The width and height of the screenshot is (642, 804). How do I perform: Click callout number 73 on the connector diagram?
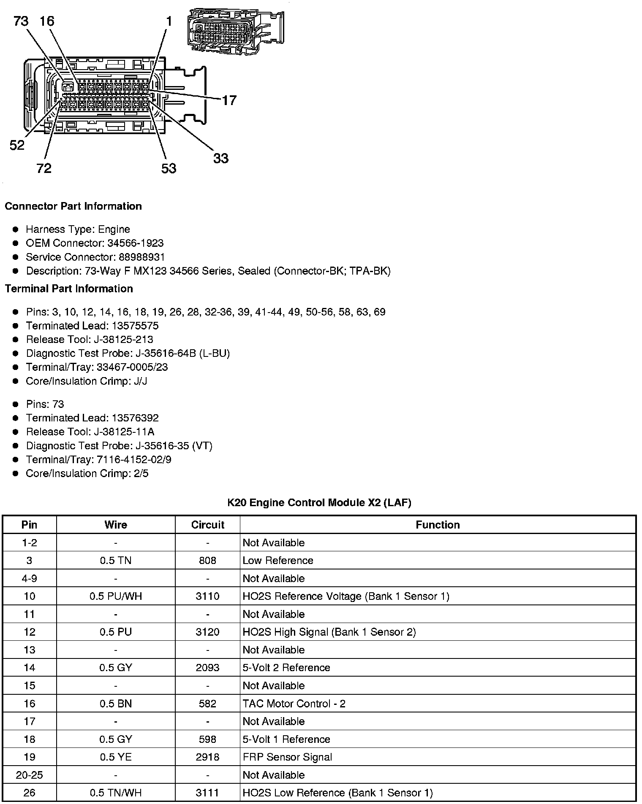(x=21, y=21)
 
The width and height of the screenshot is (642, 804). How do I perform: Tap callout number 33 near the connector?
(x=220, y=159)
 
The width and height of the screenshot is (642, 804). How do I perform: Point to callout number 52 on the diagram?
(x=17, y=146)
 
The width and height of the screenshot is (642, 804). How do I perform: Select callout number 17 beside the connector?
(x=229, y=100)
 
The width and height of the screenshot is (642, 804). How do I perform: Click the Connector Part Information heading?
(x=73, y=206)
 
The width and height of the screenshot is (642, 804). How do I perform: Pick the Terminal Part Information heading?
(x=69, y=289)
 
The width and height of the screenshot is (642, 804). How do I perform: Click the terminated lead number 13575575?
(x=135, y=326)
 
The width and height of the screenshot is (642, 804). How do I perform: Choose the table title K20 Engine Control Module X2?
(x=319, y=502)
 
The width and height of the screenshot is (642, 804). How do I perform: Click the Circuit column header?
(x=207, y=525)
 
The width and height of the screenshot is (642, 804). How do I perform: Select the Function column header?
(x=438, y=525)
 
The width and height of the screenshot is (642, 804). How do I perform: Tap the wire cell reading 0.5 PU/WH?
(x=116, y=596)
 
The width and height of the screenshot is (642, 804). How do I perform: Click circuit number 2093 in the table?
(x=207, y=668)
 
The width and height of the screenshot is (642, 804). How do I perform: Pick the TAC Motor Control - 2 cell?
(x=294, y=704)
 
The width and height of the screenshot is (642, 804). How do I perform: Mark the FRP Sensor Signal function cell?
(x=287, y=757)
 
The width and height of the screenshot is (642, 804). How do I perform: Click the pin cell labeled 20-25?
(x=29, y=775)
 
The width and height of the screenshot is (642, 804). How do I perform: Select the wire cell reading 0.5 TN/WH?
(x=116, y=793)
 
